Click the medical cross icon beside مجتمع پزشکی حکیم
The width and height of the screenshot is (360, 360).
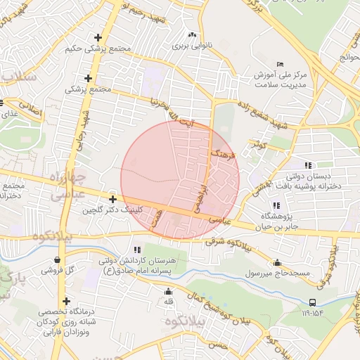[x=98, y=37]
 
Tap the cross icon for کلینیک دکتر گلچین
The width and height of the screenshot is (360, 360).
[x=112, y=200]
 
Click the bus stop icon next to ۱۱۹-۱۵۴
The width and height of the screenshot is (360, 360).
[x=311, y=302]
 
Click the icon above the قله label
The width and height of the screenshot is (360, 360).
[x=168, y=292]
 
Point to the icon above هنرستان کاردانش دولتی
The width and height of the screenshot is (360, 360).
[x=137, y=249]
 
